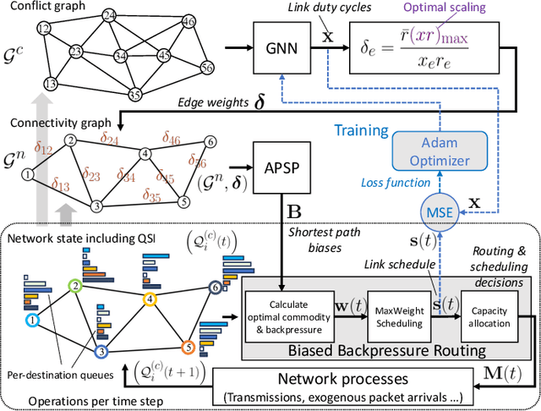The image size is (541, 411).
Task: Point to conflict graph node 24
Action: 109,16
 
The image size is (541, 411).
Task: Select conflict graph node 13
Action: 52,84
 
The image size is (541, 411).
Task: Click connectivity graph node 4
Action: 145,153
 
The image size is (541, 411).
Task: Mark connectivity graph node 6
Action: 210,141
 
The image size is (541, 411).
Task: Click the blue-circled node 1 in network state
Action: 32,321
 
